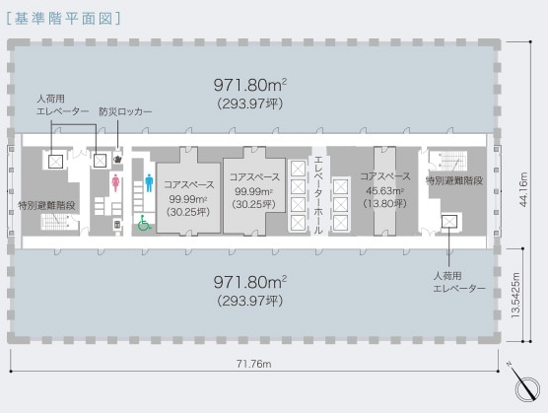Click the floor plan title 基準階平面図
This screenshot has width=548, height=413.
point(63,19)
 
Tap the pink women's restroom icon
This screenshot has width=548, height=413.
point(115,183)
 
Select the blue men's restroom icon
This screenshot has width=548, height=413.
point(149,183)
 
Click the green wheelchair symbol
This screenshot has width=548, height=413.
point(144,223)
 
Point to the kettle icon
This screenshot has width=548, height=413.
point(117,159)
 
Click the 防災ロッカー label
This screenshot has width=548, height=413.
point(125,111)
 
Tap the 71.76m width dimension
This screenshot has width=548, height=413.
point(253,364)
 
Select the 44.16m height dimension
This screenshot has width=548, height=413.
point(523,189)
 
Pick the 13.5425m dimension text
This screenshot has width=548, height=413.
point(515,296)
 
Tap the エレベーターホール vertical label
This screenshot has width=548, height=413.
point(318,195)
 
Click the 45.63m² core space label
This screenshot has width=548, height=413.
point(385,190)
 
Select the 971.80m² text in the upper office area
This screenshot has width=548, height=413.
point(250,85)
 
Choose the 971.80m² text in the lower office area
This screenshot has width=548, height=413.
point(250,282)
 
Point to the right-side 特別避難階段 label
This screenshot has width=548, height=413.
point(454,180)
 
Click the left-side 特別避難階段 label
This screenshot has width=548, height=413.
point(46,205)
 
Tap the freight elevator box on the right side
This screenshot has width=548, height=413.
point(449,221)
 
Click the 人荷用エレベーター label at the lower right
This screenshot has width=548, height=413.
point(459,282)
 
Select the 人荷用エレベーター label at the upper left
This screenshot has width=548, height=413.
point(63,105)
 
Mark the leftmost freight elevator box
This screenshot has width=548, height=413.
point(55,162)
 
